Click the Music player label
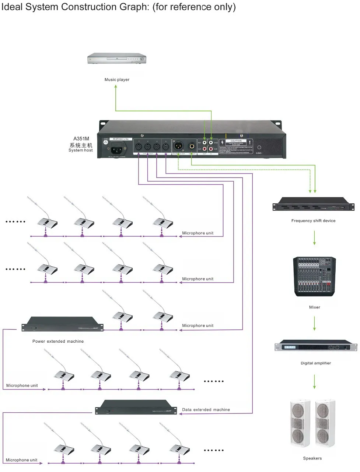click(117, 80)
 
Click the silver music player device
click(117, 59)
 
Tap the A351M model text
click(81, 139)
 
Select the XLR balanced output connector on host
click(178, 146)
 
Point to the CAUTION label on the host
click(236, 141)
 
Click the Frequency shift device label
click(313, 221)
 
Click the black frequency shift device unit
click(313, 205)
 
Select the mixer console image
click(315, 276)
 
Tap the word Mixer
click(315, 307)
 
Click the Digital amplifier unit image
click(316, 346)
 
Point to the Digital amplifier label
click(316, 363)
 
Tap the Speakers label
click(312, 458)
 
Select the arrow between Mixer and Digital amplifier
click(315, 324)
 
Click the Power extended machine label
click(58, 342)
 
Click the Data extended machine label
click(206, 410)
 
